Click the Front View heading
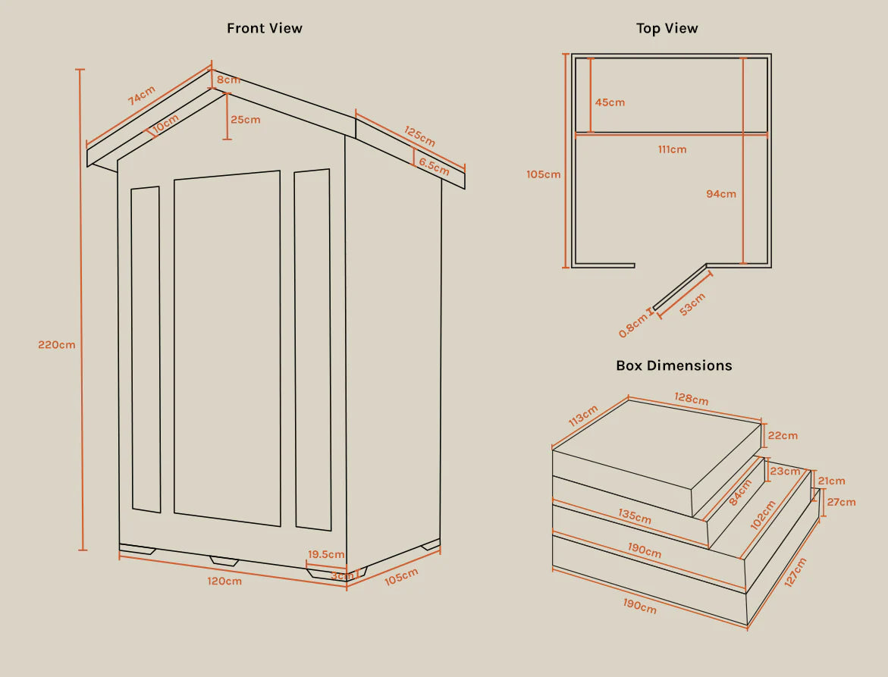tap(265, 28)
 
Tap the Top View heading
tap(667, 28)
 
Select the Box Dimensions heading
tap(674, 365)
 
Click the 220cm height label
tap(57, 345)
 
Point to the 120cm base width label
tap(224, 581)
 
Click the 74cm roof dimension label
tap(141, 96)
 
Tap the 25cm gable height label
tap(245, 120)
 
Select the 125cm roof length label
tap(419, 136)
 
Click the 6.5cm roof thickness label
tap(434, 167)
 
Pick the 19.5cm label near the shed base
tap(326, 554)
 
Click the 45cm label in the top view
tap(610, 102)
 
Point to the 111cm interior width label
tap(672, 149)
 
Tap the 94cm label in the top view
tap(721, 193)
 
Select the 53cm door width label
tap(692, 305)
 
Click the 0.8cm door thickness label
tap(632, 325)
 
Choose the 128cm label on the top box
tap(691, 399)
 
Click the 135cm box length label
tap(634, 516)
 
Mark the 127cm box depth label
tap(795, 572)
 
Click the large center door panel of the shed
tap(227, 348)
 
